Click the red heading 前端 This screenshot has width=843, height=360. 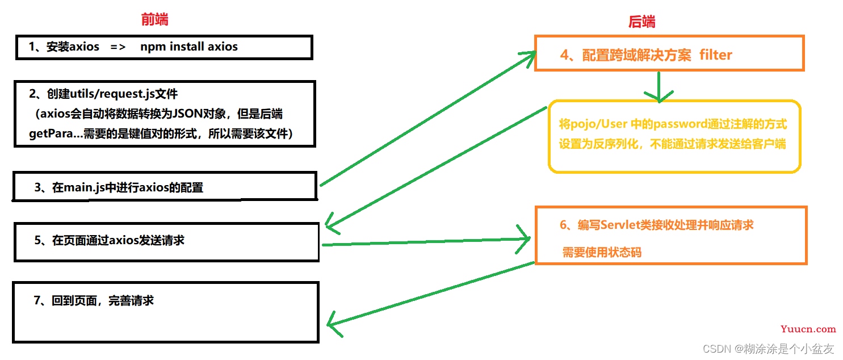(x=154, y=20)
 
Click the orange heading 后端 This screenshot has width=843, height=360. (x=641, y=22)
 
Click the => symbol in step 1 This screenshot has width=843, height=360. (x=118, y=47)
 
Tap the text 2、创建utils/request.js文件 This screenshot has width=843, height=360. (x=104, y=93)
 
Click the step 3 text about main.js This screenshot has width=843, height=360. (x=118, y=187)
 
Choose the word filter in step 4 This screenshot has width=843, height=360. (x=716, y=55)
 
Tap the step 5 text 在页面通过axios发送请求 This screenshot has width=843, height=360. (x=109, y=240)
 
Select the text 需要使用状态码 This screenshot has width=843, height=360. (x=602, y=252)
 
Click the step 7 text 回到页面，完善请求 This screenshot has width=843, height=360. (x=94, y=300)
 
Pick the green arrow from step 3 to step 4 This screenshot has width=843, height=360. (x=426, y=119)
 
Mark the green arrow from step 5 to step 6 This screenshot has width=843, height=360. (x=426, y=241)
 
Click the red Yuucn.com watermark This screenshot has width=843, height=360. (x=808, y=329)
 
